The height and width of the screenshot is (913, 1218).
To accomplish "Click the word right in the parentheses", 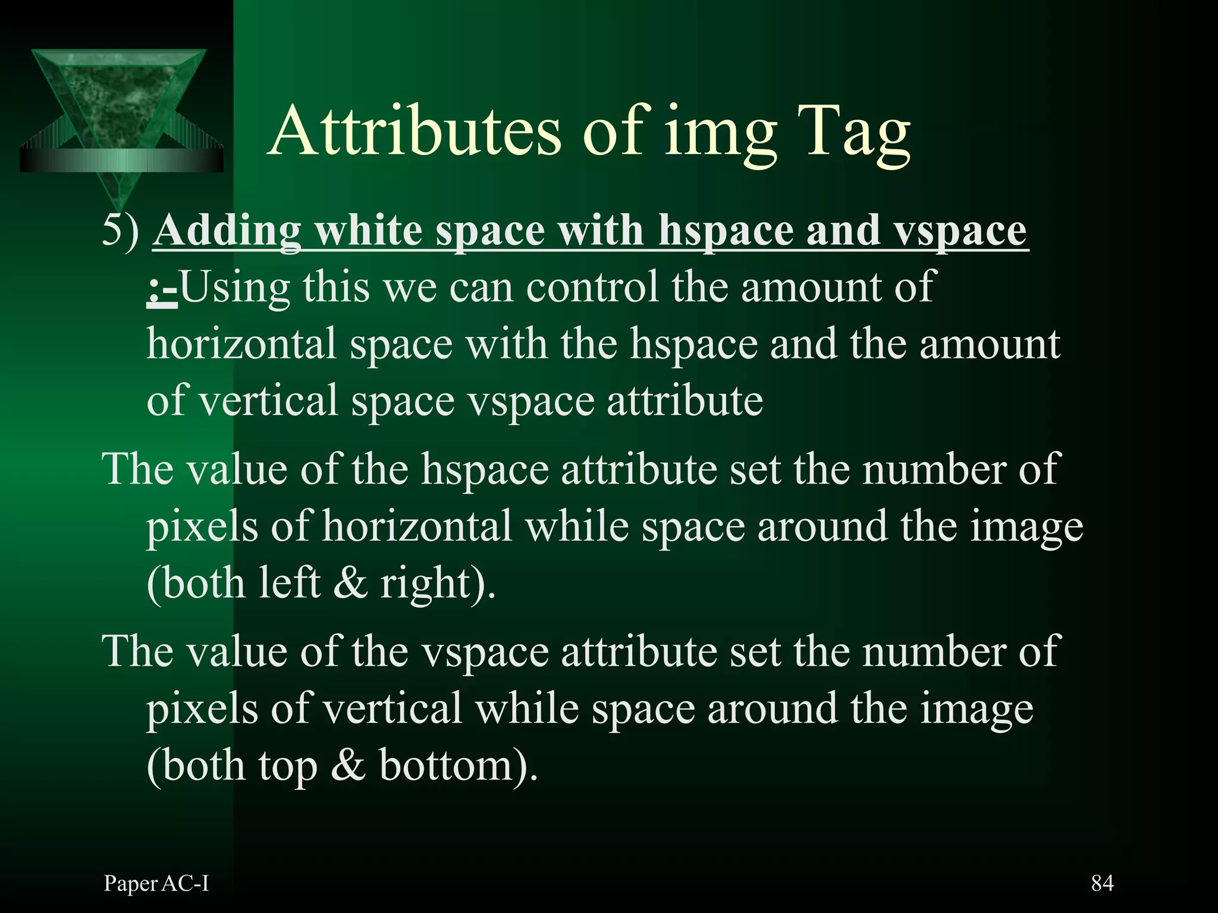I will (426, 585).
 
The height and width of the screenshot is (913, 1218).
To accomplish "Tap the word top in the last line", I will (288, 767).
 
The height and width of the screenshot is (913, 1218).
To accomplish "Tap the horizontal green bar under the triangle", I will (121, 160).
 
